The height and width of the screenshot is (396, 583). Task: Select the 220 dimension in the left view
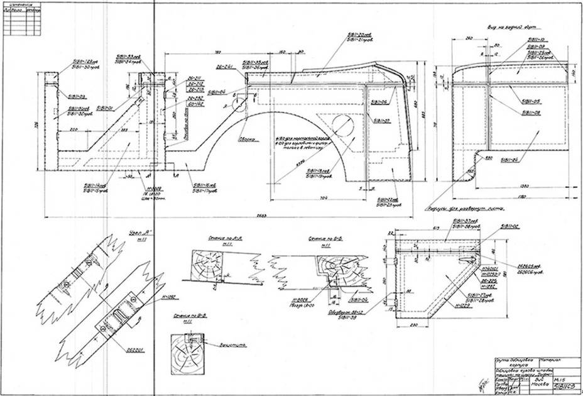[74, 129]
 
